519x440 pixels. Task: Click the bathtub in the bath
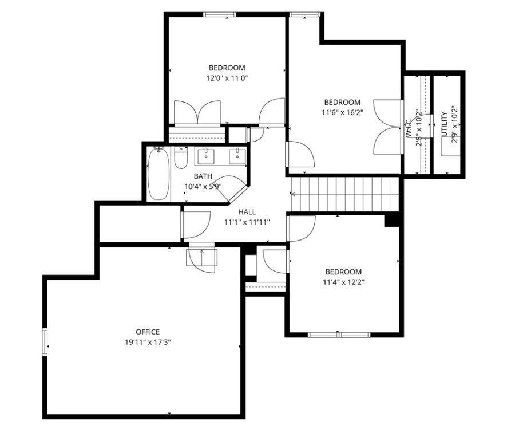point(159,174)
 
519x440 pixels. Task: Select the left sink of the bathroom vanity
point(205,155)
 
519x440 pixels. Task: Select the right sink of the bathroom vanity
point(235,155)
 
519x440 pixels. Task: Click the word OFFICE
point(148,332)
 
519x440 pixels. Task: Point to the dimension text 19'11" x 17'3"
point(148,342)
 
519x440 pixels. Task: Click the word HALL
point(247,211)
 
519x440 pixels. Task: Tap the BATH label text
point(203,176)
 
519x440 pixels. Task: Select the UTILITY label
point(444,125)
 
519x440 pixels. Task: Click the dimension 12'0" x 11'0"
point(227,78)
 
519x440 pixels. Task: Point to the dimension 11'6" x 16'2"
point(341,113)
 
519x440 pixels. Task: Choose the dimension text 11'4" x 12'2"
point(343,282)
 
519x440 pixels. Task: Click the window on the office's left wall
point(44,343)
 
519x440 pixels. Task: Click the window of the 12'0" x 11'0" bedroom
point(220,15)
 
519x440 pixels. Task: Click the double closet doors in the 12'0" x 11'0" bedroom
point(197,112)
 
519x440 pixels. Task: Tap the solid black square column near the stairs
point(392,220)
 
